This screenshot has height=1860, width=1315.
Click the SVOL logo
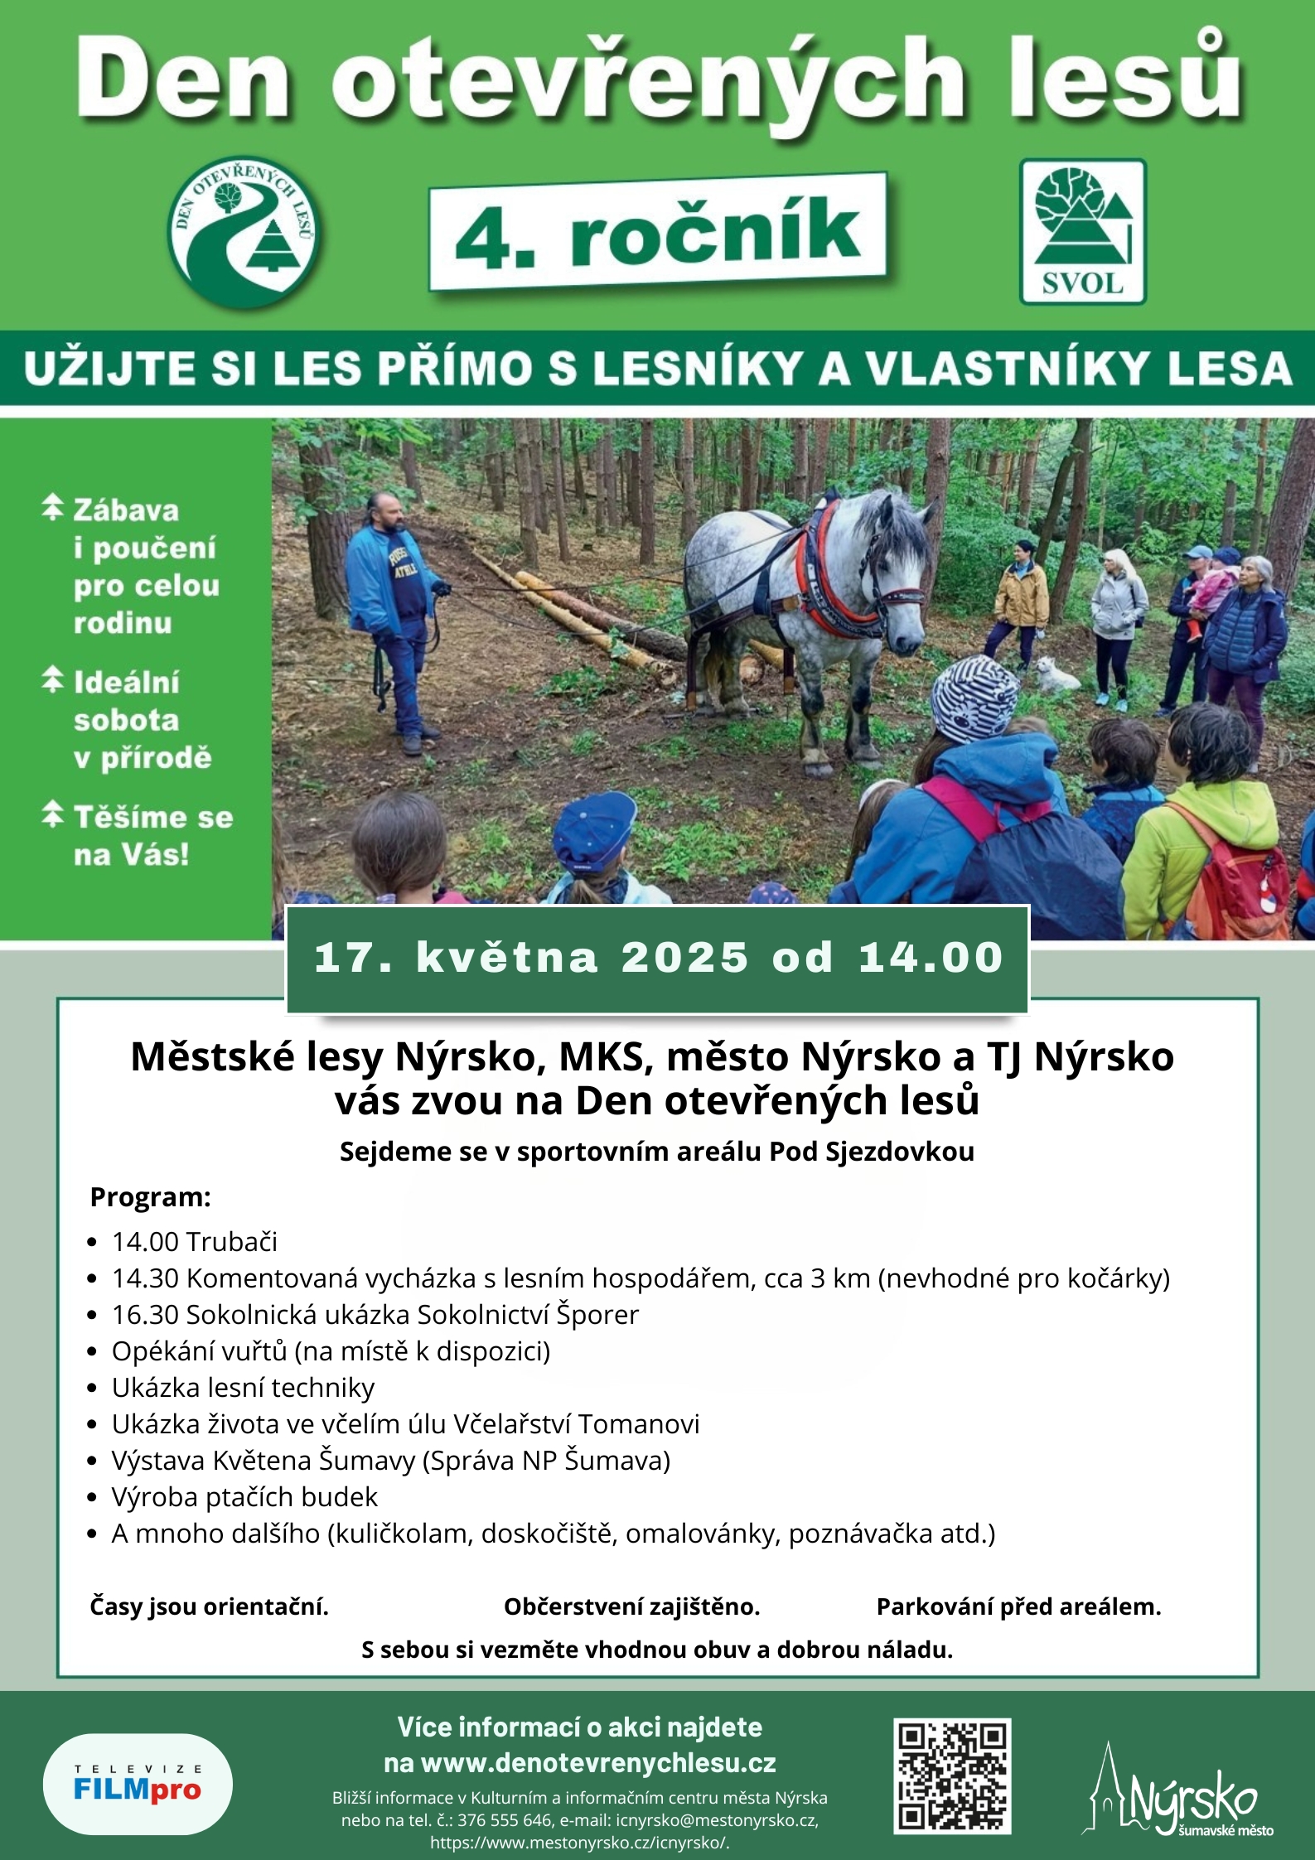pos(1082,232)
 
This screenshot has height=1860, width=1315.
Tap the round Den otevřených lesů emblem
pos(245,232)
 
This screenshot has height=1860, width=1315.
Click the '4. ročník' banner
pos(657,232)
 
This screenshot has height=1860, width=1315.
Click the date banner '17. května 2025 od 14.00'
pos(657,958)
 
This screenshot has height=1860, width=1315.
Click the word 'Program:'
pos(150,1197)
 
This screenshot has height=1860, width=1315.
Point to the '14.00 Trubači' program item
pos(194,1241)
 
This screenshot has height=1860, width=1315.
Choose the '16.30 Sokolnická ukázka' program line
pos(375,1314)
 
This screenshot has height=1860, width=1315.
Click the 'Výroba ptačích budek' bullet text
pos(244,1496)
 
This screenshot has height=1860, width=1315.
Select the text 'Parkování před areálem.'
pos(1018,1606)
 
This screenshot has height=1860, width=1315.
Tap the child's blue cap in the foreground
pos(592,829)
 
